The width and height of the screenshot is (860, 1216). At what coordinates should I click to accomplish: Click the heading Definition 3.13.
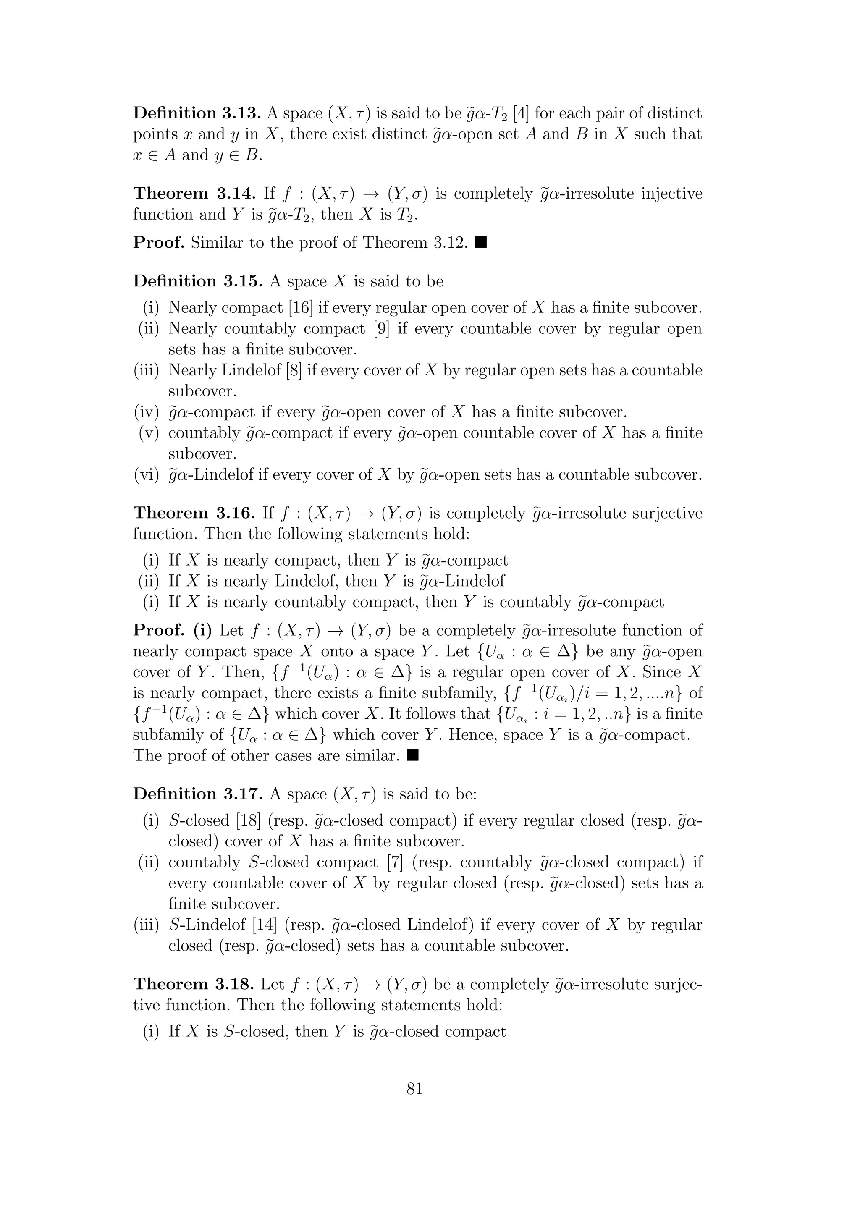click(197, 113)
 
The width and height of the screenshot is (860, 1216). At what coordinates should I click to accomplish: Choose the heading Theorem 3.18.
click(193, 985)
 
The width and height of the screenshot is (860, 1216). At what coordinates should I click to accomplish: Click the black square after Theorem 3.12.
click(481, 243)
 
